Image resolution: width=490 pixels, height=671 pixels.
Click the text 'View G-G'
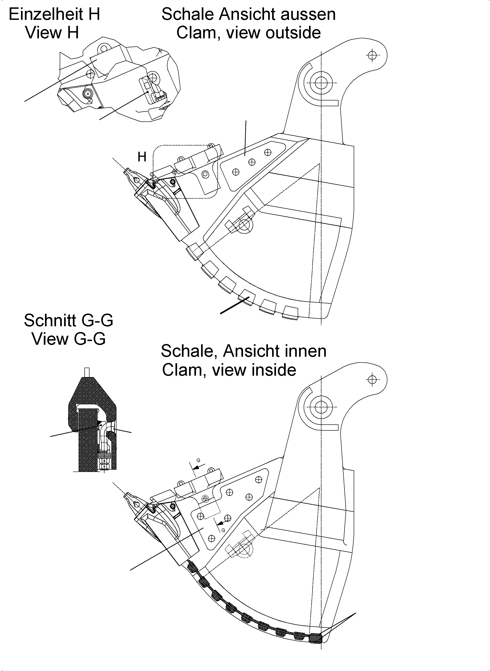[x=68, y=339]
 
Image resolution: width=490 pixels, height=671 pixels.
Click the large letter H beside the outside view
[x=142, y=157]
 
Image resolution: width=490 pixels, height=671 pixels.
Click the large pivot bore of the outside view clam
[x=321, y=83]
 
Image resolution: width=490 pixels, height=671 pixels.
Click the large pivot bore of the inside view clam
[x=321, y=407]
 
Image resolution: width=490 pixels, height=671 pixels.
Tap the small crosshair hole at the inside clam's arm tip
[x=372, y=379]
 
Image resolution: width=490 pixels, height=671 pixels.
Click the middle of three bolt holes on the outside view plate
[x=252, y=162]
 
